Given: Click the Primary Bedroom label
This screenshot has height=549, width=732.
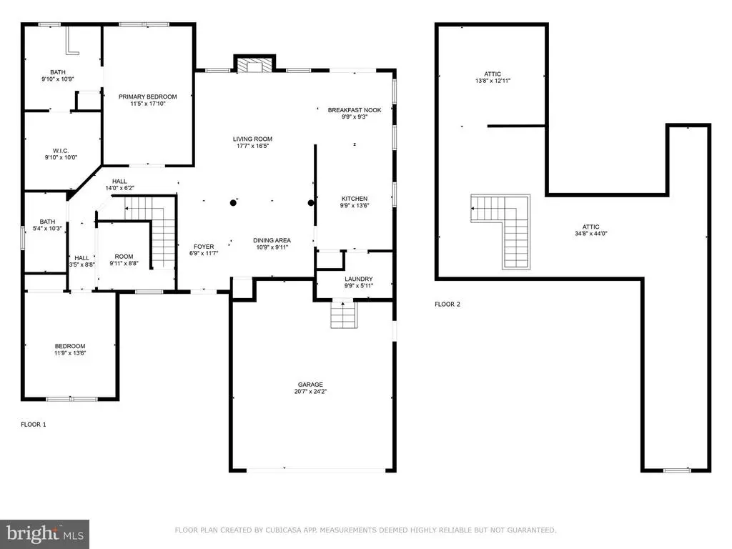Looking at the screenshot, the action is click(x=147, y=97).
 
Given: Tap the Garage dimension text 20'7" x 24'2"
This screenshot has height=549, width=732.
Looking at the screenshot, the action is click(x=310, y=392).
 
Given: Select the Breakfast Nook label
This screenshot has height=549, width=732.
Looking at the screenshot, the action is click(x=355, y=110).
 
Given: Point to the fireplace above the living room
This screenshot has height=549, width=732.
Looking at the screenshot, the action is click(x=254, y=64).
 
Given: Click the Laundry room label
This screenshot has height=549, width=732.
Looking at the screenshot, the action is click(x=359, y=280).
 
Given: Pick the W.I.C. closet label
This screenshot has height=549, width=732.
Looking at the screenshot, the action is click(x=61, y=151).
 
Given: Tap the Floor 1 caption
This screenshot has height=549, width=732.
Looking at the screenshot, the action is click(x=34, y=425).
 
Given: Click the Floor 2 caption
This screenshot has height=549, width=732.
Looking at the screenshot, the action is click(x=447, y=305).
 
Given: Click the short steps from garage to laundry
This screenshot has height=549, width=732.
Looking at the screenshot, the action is click(x=343, y=315).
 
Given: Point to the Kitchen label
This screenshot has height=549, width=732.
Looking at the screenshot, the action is click(x=355, y=199).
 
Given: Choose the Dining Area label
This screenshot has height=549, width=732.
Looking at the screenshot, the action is click(x=272, y=240).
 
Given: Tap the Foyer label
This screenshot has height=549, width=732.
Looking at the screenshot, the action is click(x=204, y=247).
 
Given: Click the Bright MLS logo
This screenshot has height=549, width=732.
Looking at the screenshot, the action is click(x=45, y=534).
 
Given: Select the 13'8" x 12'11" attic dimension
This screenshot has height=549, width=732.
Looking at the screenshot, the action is click(x=493, y=81).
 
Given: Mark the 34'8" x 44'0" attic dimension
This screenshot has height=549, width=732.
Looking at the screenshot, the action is click(x=590, y=234).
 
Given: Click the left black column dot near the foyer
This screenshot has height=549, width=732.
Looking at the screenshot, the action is click(x=233, y=202).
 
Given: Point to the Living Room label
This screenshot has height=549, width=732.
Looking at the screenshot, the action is click(x=252, y=139).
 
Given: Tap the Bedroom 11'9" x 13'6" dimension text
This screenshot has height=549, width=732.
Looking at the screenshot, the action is click(x=70, y=353).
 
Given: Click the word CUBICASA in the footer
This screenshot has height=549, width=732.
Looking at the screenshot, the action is click(x=284, y=530).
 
